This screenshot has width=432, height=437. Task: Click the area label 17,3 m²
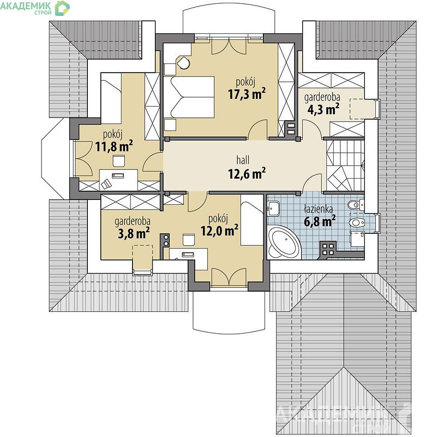[247, 94]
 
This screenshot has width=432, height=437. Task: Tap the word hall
[243, 160]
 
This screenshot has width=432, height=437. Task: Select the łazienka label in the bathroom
[318, 209]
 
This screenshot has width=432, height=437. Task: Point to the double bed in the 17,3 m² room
[189, 97]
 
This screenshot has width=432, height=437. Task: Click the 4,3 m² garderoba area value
[323, 109]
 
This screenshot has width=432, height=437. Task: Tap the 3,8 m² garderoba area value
[134, 233]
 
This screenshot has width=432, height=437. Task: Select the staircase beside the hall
[345, 165]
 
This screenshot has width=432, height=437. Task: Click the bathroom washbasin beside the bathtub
[273, 209]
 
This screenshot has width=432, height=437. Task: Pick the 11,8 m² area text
[114, 146]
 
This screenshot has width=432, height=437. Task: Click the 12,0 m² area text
[219, 231]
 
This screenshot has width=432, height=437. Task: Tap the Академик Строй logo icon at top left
[62, 8]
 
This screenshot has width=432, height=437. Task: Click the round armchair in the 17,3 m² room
[183, 63]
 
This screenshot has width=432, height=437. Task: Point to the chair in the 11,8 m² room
[119, 161]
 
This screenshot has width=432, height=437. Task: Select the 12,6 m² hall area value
[247, 173]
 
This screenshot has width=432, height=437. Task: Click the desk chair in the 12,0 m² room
[188, 240]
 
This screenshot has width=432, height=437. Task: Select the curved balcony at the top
[229, 21]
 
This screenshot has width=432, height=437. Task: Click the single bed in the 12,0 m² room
[251, 223]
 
